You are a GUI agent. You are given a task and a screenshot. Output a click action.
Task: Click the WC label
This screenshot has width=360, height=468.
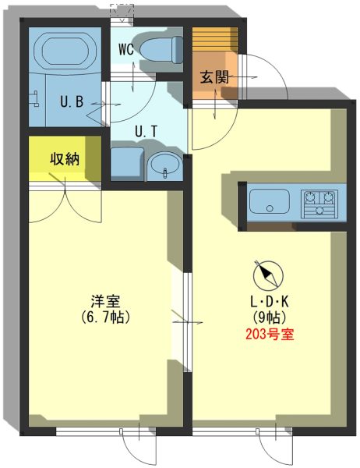pos(126,50)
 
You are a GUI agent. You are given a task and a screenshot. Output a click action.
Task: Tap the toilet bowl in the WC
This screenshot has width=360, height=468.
pos(161,50)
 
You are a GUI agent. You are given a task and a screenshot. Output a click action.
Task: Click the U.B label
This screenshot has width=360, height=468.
pos(72,101)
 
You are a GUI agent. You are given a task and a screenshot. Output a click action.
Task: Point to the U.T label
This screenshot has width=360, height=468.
pos(146,131)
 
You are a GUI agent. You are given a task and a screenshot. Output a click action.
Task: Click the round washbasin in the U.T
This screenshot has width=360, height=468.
pos(165,166)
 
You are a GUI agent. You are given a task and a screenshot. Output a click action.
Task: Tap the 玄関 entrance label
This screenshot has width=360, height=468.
pos(214,77)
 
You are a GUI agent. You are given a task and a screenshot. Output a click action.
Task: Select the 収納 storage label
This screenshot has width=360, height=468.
pos(65,159)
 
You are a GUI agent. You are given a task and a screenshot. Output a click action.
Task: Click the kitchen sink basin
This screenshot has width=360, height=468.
pos(270,201)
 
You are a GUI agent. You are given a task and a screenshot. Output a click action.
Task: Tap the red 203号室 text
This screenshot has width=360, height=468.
pos(270,335)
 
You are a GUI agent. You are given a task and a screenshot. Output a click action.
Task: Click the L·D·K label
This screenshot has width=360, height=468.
pos(270,302)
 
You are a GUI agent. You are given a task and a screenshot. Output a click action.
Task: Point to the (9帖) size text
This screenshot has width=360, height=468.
pos(270,317)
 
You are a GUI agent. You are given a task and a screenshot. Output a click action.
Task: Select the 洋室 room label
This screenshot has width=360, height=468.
pos(105,301)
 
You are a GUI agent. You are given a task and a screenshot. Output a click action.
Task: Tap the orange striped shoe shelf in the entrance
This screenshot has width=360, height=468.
pos(215,40)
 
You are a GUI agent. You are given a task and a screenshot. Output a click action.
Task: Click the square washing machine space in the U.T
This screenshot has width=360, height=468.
pos(127,164)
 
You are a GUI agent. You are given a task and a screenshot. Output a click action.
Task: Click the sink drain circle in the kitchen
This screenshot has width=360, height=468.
pos(270,208)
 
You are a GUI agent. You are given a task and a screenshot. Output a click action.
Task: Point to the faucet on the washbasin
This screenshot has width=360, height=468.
pos(165,173)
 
